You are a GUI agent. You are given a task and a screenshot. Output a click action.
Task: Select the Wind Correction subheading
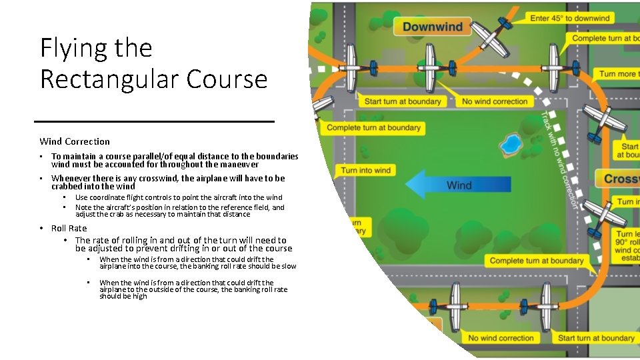75,141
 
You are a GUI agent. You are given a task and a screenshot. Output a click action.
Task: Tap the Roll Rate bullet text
69,228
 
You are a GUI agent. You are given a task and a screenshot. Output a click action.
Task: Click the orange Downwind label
432,27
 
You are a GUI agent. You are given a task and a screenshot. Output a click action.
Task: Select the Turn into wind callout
366,171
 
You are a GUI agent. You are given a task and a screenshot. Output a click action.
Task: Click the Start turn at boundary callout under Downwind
403,101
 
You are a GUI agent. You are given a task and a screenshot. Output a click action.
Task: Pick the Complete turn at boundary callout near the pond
374,127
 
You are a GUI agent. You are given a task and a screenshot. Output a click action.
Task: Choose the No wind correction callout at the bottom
501,338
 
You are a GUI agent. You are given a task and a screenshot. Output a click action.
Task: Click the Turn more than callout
618,73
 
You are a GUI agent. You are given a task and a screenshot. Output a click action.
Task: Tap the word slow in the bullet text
289,266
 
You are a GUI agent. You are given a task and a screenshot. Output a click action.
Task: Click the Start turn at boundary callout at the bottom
596,338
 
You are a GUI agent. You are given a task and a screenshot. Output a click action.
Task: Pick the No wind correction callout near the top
495,101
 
